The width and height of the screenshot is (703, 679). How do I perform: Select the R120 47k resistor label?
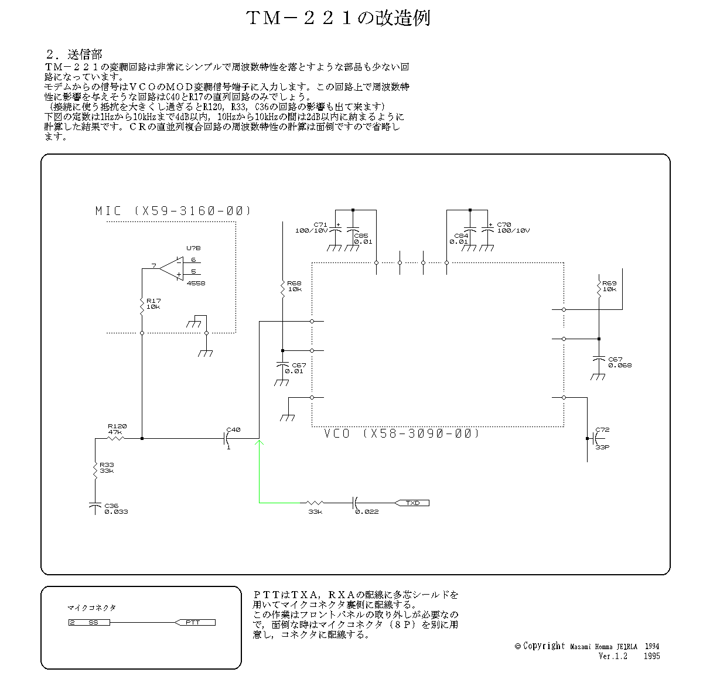[117, 429]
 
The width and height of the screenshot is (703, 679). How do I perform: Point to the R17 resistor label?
[153, 303]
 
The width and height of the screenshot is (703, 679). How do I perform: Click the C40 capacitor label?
[233, 429]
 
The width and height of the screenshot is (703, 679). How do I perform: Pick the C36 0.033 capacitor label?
[115, 509]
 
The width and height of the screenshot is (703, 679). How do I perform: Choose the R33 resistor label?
[107, 468]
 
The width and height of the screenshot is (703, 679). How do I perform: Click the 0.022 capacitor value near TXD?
[367, 511]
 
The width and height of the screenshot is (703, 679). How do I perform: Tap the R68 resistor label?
[295, 286]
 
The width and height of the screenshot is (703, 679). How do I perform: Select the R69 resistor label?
[609, 286]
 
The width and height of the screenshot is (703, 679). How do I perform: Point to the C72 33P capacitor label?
[602, 438]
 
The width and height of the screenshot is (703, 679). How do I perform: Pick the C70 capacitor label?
[513, 227]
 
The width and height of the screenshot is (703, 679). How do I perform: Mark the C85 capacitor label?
[363, 238]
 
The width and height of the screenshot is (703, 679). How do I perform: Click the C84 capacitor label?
[459, 238]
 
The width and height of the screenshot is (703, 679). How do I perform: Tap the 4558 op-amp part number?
[196, 283]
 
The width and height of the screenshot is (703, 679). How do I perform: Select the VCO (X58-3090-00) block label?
[401, 434]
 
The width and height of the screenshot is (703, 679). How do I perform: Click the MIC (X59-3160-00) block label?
[173, 211]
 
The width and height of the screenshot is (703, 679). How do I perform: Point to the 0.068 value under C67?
[619, 365]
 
